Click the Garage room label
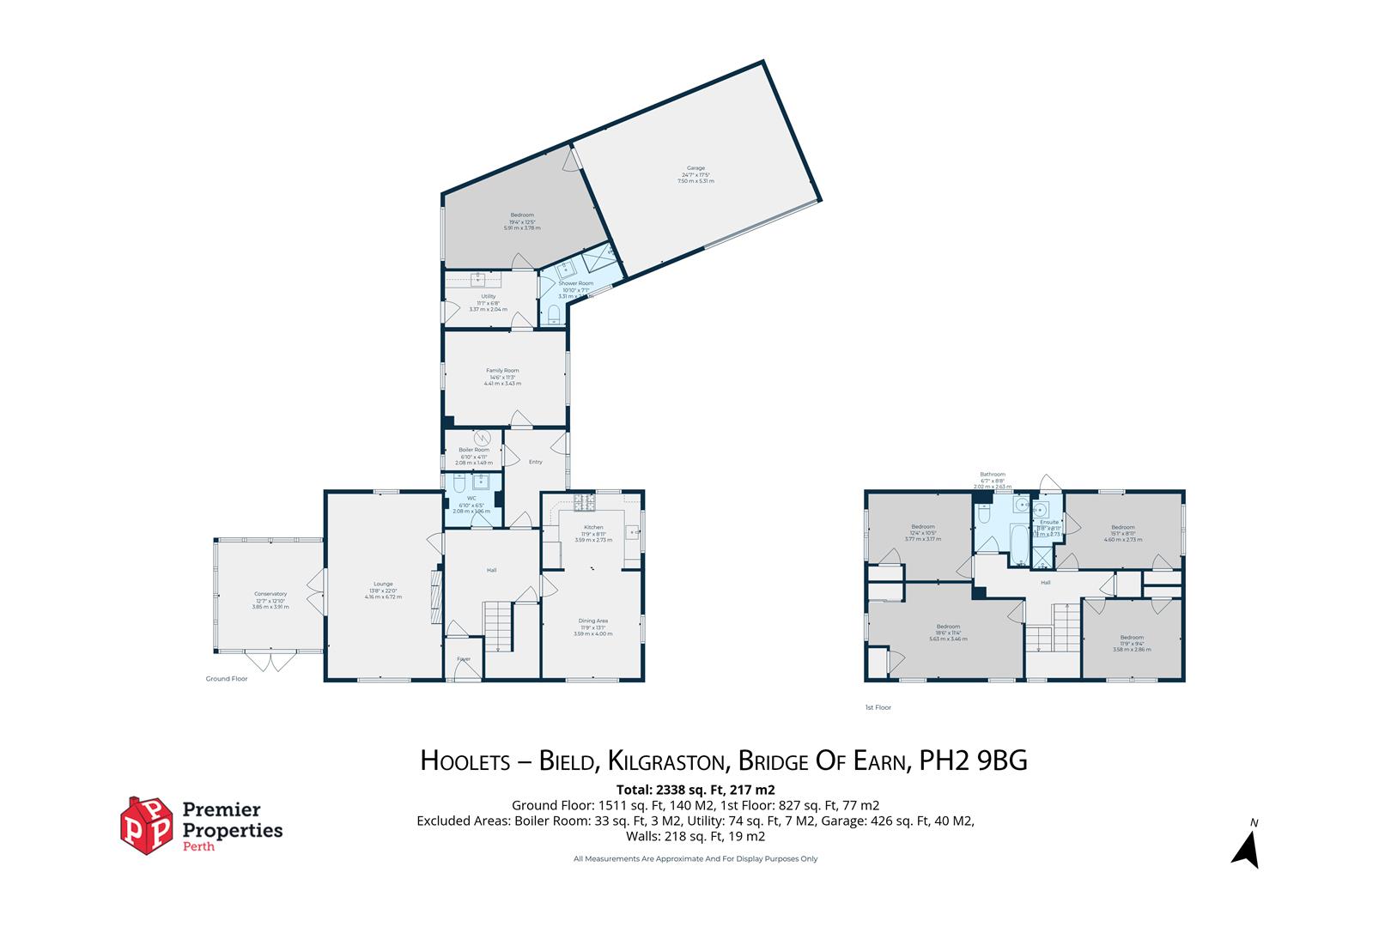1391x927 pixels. click(x=695, y=168)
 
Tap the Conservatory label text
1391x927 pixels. click(x=270, y=594)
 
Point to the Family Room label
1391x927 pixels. click(x=502, y=371)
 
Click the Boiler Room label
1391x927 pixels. click(x=474, y=450)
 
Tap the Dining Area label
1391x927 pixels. click(x=592, y=621)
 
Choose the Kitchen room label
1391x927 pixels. click(x=593, y=527)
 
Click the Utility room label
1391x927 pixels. click(x=488, y=296)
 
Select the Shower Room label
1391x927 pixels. click(x=575, y=283)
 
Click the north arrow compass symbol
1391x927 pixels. click(x=1247, y=847)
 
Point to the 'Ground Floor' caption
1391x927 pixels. click(x=227, y=679)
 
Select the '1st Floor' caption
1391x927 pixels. click(x=878, y=708)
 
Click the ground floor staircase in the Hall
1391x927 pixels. click(x=497, y=627)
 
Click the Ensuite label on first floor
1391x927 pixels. click(x=1049, y=522)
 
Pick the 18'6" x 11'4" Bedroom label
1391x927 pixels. click(x=948, y=627)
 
